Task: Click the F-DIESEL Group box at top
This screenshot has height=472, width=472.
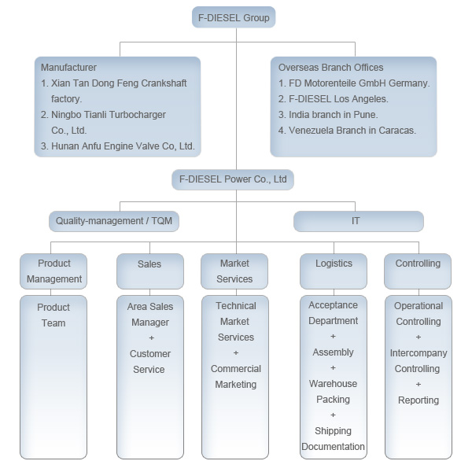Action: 234,17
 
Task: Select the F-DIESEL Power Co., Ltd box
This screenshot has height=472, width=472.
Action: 233,179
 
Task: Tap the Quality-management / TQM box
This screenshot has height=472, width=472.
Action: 113,221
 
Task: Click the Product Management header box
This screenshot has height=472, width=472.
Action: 53,271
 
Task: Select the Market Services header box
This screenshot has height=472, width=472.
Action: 235,271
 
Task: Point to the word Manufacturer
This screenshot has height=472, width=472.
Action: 68,68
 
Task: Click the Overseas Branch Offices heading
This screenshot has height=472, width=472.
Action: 331,68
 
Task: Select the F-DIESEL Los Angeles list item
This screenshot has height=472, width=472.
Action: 334,99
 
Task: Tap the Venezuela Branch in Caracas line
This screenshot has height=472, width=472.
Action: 347,131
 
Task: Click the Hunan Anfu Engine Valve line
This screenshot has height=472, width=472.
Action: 117,146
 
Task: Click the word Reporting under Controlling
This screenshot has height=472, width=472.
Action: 419,400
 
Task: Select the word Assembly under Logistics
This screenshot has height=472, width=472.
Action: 334,352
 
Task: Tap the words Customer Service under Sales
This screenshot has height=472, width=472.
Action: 149,362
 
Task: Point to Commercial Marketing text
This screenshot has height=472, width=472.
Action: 236,377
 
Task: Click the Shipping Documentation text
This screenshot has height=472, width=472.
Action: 334,439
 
